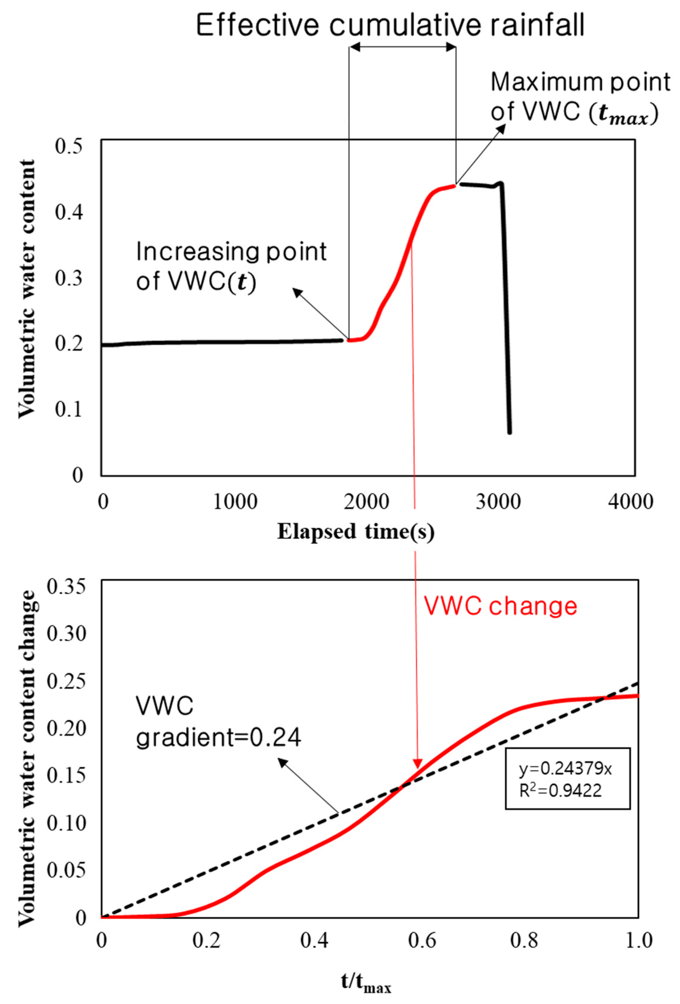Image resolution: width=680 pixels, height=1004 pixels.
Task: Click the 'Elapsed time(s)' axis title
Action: pos(355,531)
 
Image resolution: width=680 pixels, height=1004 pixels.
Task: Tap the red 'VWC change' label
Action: pos(500,607)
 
